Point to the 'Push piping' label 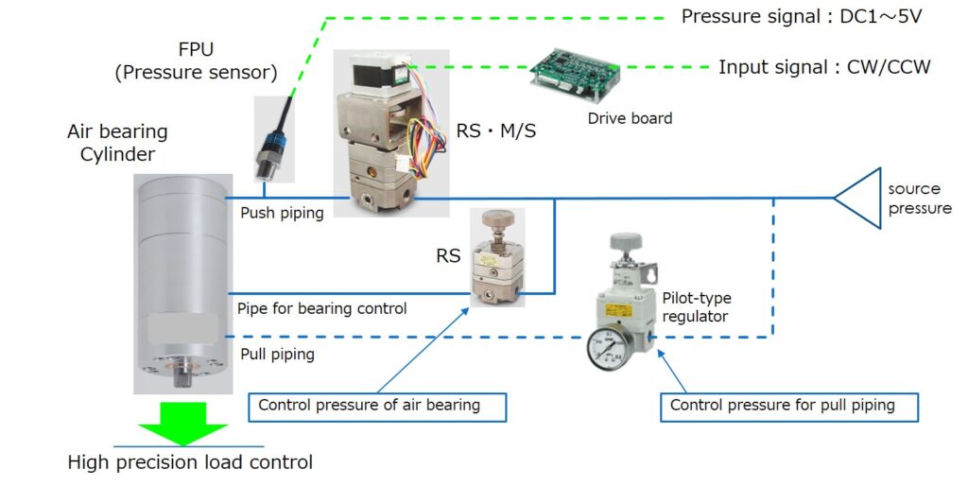point(282,213)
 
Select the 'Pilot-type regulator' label point(697,307)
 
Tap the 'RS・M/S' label point(496,131)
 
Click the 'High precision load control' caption point(190,462)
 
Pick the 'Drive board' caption point(630,118)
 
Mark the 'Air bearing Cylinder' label point(117,143)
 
